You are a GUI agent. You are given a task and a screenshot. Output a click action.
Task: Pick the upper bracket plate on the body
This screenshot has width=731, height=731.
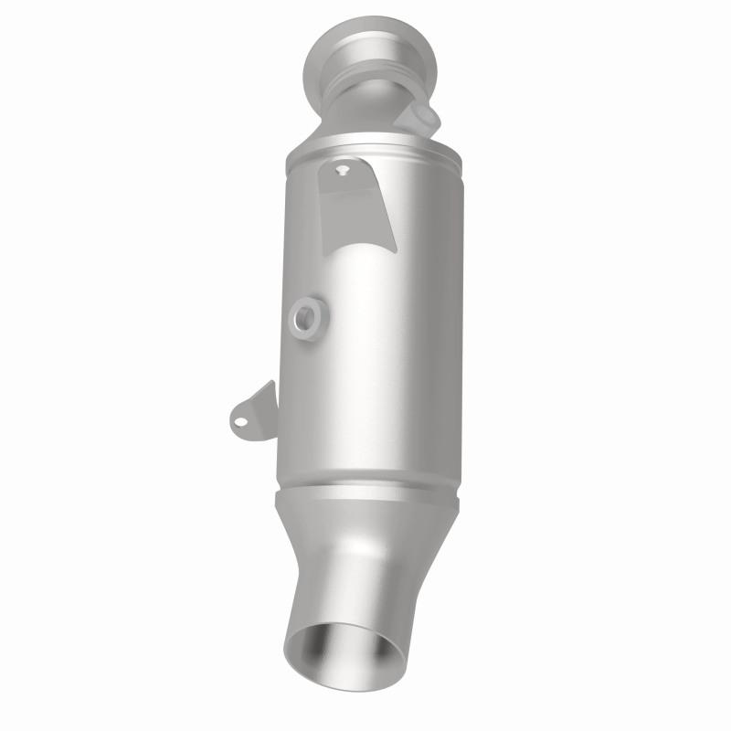coord(356,201)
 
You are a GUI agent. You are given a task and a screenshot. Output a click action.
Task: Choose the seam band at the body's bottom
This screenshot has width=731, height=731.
coord(365,493)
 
